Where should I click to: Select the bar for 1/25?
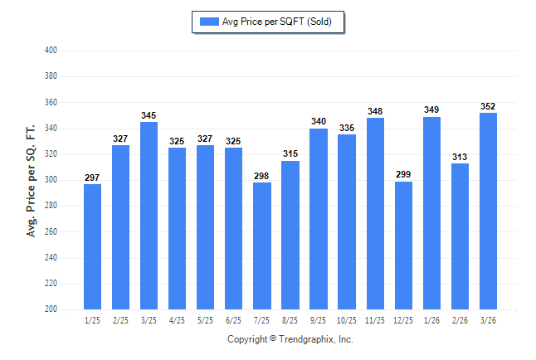(92, 246)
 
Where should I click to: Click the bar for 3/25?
(149, 216)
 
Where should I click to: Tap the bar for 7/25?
(261, 246)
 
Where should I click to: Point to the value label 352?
(488, 106)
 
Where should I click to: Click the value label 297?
(92, 178)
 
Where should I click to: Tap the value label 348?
(375, 111)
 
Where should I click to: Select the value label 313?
(460, 157)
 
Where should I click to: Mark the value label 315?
(290, 154)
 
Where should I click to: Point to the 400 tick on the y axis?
(50, 51)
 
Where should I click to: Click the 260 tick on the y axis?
(50, 231)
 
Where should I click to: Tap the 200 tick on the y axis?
(50, 309)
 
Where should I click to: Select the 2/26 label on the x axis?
(460, 320)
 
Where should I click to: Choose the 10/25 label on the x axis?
(347, 320)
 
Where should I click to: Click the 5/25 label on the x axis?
(205, 320)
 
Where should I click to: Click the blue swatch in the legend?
(209, 22)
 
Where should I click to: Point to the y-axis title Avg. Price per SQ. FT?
(32, 180)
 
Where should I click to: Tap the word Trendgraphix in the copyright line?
(306, 339)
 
